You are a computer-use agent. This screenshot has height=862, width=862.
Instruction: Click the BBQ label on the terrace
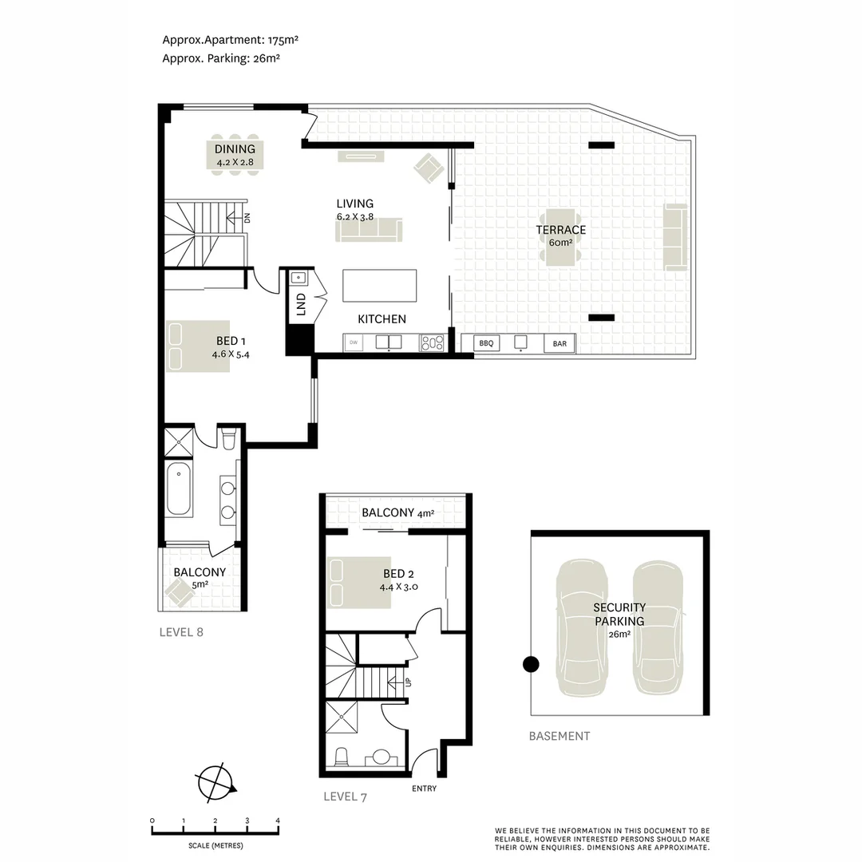(x=486, y=344)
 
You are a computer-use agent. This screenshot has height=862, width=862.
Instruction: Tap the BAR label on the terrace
(x=560, y=344)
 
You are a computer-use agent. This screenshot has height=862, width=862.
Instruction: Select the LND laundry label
(x=301, y=306)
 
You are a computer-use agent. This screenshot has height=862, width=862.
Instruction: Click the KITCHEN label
(x=382, y=318)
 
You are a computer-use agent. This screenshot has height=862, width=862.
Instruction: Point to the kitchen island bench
(x=380, y=286)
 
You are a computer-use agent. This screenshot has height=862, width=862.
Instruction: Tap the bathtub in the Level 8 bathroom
(x=179, y=488)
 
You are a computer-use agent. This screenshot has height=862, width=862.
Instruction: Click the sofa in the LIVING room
(x=369, y=230)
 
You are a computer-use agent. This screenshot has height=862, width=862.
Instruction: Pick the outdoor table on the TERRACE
(x=560, y=238)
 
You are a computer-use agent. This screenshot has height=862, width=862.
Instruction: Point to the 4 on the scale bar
(x=278, y=820)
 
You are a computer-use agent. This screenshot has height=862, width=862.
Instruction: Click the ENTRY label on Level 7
(x=424, y=789)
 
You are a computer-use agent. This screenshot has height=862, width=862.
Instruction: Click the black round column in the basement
(x=530, y=664)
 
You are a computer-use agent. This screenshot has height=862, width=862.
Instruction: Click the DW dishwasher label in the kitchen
(x=353, y=343)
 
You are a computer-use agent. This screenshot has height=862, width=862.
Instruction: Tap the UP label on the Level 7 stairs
(x=408, y=682)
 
